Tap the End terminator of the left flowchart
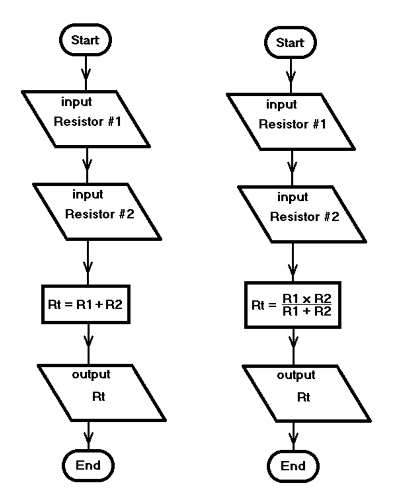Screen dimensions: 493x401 click(x=88, y=466)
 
